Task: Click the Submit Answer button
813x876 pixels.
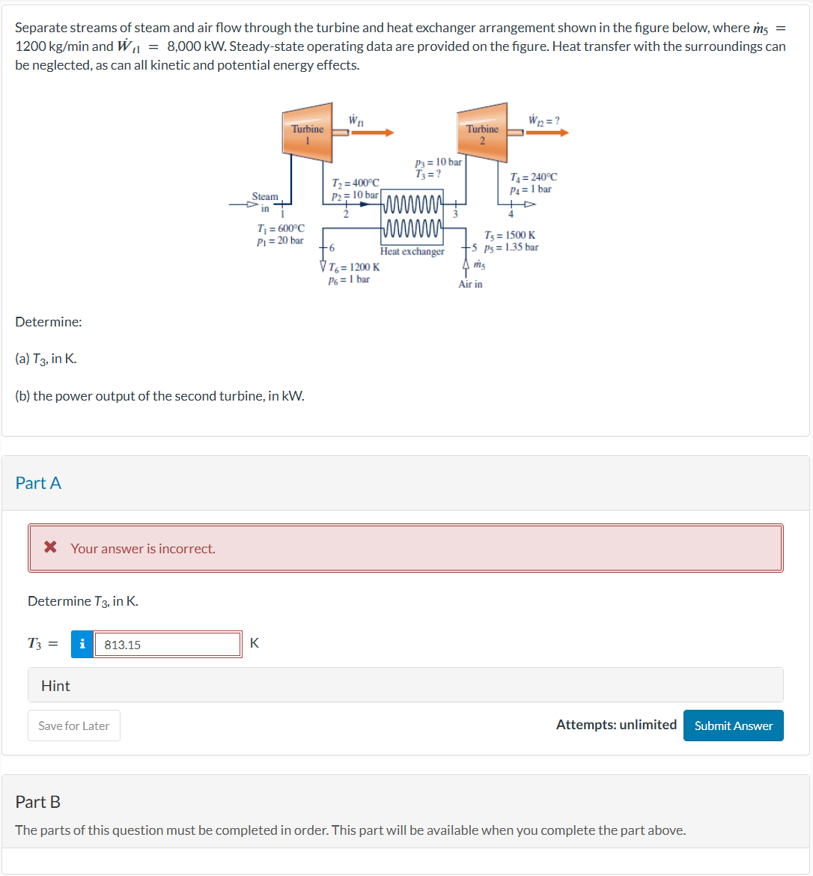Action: (x=733, y=726)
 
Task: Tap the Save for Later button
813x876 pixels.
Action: (x=73, y=726)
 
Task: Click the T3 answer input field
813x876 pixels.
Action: (x=167, y=645)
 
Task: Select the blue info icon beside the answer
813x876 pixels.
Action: (x=82, y=645)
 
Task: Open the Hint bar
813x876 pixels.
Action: (x=405, y=685)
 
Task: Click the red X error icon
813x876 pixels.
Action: (x=50, y=547)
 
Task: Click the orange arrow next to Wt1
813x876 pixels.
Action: (x=372, y=133)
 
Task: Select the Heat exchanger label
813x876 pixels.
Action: (x=412, y=252)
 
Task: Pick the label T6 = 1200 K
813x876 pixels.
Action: (x=354, y=267)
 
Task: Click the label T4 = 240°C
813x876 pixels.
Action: (x=533, y=177)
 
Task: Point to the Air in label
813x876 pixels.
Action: (x=470, y=285)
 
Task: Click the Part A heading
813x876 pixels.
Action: (x=38, y=483)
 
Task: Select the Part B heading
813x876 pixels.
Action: (x=38, y=802)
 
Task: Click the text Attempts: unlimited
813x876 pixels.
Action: (x=616, y=724)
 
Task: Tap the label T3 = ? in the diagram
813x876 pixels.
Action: (x=427, y=174)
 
